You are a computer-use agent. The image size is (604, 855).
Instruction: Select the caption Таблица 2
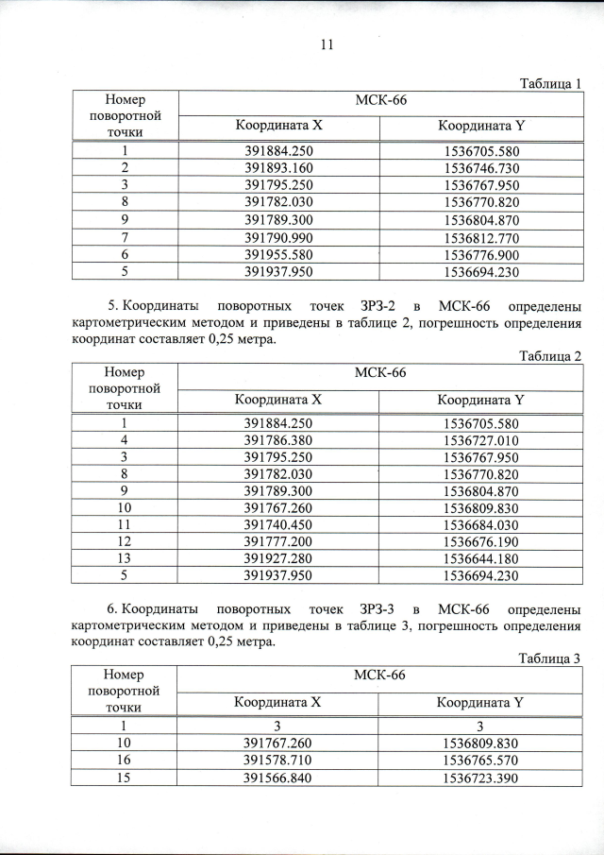tap(551, 355)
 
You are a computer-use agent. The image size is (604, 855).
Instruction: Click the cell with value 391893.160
tap(278, 168)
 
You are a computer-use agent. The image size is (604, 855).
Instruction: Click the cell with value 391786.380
tap(278, 440)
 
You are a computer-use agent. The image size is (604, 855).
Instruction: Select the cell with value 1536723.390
tap(481, 777)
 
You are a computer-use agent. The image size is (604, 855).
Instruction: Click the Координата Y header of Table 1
tap(481, 127)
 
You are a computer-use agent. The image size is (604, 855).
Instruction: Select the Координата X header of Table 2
tap(278, 400)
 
